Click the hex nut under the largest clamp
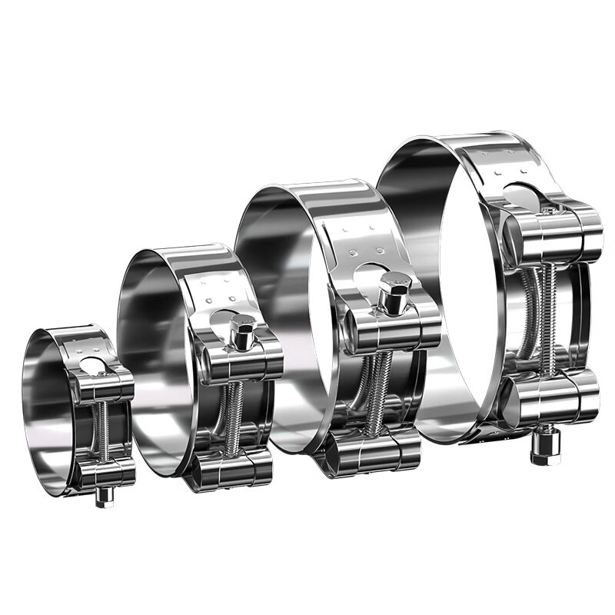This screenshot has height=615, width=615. coord(546,449)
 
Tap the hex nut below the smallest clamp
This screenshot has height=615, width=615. coord(104,497)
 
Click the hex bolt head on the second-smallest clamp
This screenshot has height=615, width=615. coord(243,332)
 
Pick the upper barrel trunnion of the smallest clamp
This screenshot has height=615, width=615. coord(104,387)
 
